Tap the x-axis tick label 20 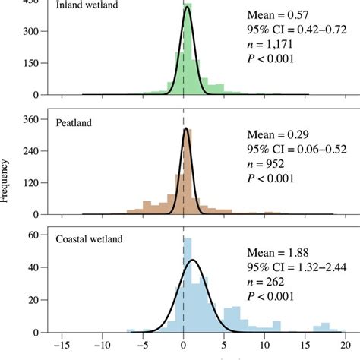pos(344,351)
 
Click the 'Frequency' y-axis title pos(6,180)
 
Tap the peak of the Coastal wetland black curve pos(193,261)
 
